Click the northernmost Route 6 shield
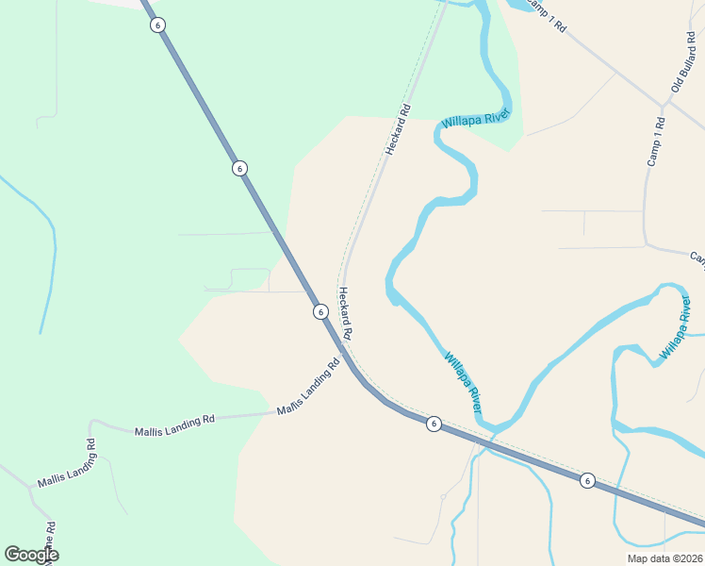157,25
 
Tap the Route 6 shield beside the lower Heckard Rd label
320,311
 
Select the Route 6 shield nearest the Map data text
587,480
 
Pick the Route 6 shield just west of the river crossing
434,424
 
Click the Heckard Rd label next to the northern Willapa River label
399,130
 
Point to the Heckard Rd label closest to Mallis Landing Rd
345,314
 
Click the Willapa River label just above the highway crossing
464,382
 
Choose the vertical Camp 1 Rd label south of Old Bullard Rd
656,141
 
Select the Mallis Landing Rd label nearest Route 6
308,389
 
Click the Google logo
31,555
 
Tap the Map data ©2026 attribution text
664,558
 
